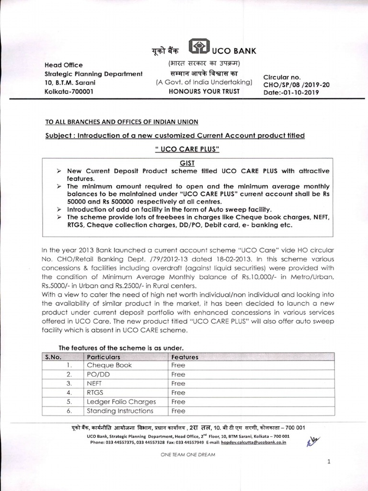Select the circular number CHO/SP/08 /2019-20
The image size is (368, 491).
tap(296, 84)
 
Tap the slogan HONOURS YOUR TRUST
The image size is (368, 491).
tap(204, 91)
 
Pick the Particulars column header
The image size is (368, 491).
tap(103, 357)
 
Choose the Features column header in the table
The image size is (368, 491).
tap(184, 357)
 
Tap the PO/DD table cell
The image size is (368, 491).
tap(98, 374)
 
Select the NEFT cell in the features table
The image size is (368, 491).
tap(95, 384)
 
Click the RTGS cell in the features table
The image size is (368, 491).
tap(95, 393)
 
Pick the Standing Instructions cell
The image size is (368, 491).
tap(120, 411)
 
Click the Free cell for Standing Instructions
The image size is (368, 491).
tap(178, 411)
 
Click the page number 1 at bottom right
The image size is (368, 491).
tap(329, 461)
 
